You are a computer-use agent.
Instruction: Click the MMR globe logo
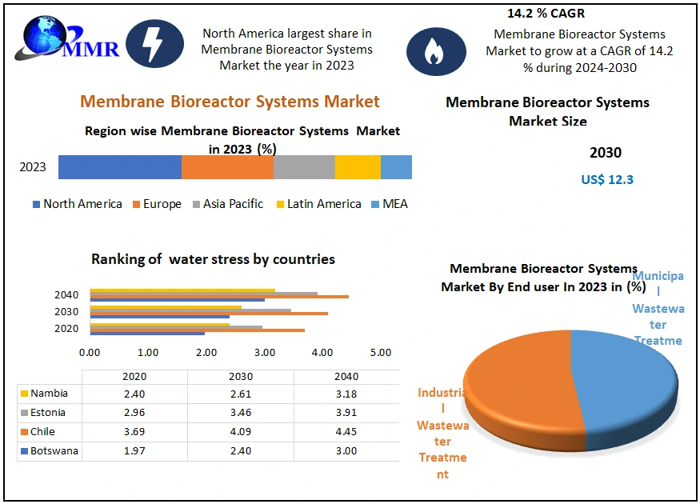pyautogui.click(x=67, y=38)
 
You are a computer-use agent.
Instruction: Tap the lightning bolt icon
pyautogui.click(x=154, y=44)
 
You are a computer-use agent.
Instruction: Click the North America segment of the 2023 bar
pyautogui.click(x=120, y=167)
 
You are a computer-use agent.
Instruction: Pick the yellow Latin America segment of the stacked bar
pyautogui.click(x=358, y=167)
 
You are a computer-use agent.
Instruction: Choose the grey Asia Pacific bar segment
pyautogui.click(x=304, y=167)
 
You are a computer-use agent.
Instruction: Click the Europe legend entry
pyautogui.click(x=157, y=204)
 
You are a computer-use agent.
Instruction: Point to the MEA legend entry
pyautogui.click(x=390, y=204)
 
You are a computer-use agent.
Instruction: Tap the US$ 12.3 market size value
pyautogui.click(x=607, y=179)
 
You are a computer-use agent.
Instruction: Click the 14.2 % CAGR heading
pyautogui.click(x=546, y=14)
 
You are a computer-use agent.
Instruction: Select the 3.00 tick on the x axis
pyautogui.click(x=265, y=353)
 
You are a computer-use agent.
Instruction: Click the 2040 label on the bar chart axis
pyautogui.click(x=66, y=295)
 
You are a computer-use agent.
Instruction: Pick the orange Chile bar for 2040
pyautogui.click(x=219, y=297)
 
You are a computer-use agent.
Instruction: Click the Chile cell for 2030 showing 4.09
pyautogui.click(x=241, y=432)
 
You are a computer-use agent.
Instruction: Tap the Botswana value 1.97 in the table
pyautogui.click(x=134, y=451)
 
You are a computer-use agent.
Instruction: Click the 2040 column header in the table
pyautogui.click(x=346, y=377)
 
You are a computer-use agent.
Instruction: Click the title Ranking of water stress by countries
pyautogui.click(x=213, y=259)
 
